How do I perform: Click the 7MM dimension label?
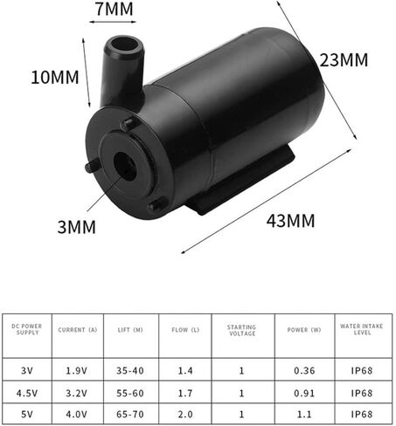[115, 9]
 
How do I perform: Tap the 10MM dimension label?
[55, 78]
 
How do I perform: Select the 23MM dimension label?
[344, 60]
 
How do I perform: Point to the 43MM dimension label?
[290, 220]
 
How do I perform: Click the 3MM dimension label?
[77, 227]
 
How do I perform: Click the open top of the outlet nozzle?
[125, 45]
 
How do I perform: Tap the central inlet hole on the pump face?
[125, 165]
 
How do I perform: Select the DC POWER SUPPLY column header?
[27, 329]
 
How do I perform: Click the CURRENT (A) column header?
[78, 330]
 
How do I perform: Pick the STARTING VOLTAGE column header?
[242, 330]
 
